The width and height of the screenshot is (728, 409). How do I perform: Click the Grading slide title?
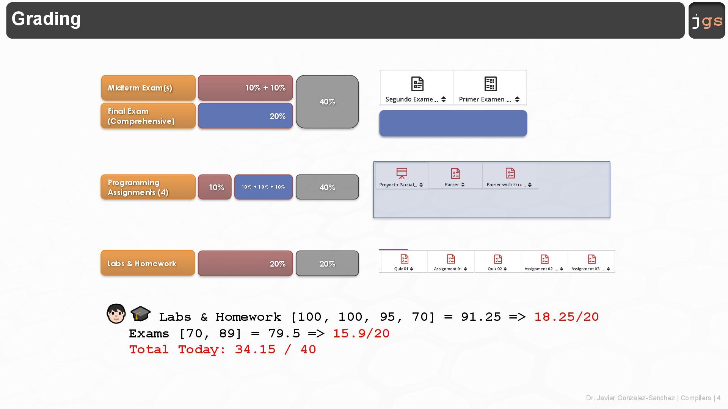pyautogui.click(x=46, y=19)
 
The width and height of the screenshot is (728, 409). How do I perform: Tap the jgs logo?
pyautogui.click(x=707, y=20)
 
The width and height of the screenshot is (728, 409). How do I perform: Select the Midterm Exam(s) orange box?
pyautogui.click(x=148, y=88)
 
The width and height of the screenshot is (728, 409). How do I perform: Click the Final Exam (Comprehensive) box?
pyautogui.click(x=148, y=116)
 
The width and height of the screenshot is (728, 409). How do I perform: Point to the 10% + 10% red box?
pyautogui.click(x=245, y=88)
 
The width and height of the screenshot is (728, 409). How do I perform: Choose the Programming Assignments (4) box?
pyautogui.click(x=148, y=187)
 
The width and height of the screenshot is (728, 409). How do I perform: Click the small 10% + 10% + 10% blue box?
pyautogui.click(x=264, y=187)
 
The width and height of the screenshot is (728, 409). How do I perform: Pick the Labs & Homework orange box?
pyautogui.click(x=148, y=263)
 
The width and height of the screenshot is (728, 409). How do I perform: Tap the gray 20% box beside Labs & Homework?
pyautogui.click(x=327, y=264)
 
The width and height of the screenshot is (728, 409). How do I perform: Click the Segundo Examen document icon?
pyautogui.click(x=417, y=84)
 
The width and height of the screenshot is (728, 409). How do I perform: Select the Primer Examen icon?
pyautogui.click(x=490, y=84)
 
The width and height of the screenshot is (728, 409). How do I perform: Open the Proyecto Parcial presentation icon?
pyautogui.click(x=402, y=173)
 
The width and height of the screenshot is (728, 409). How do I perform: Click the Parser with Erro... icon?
pyautogui.click(x=510, y=173)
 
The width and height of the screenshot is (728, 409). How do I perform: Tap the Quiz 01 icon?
pyautogui.click(x=404, y=259)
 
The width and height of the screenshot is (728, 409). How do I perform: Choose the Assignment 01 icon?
pyautogui.click(x=451, y=259)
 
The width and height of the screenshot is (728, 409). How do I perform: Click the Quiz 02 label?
pyautogui.click(x=495, y=269)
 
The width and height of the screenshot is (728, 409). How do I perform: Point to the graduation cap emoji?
pyautogui.click(x=140, y=313)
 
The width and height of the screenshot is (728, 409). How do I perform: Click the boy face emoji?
pyautogui.click(x=116, y=314)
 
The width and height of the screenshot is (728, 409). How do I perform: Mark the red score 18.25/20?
pyautogui.click(x=566, y=317)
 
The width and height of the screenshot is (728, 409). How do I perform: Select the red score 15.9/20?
pyautogui.click(x=361, y=334)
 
